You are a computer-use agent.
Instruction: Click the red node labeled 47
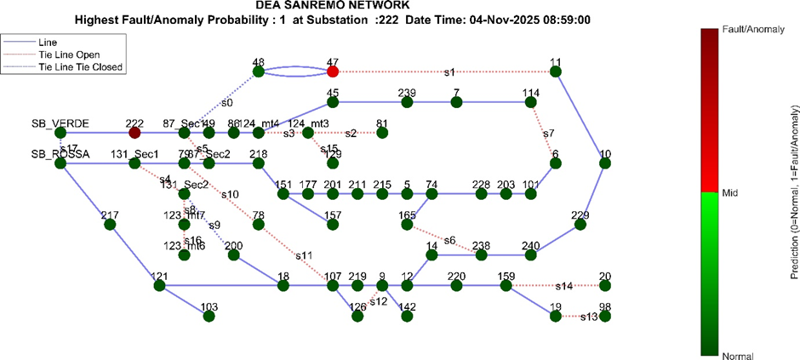333,72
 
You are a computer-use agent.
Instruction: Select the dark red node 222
134,133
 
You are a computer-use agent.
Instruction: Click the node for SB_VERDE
60,133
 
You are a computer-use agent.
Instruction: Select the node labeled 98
605,316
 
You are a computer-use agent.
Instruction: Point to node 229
580,225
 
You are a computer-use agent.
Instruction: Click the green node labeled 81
382,133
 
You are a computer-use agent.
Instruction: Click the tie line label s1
449,72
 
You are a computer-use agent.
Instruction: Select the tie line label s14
564,286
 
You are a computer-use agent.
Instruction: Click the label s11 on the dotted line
304,254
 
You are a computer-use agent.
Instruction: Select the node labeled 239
407,102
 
